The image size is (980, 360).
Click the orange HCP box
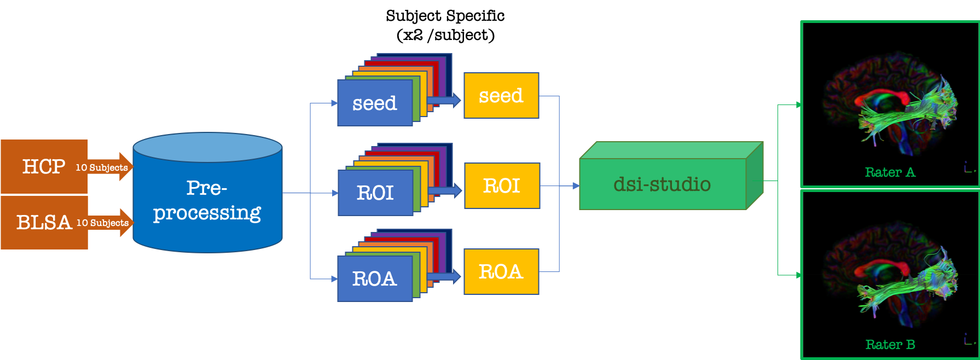coord(44,166)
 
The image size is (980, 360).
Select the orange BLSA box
coord(44,222)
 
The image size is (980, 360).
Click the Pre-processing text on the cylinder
coord(207,200)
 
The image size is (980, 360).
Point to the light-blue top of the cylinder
coord(207,147)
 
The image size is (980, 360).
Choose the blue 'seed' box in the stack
coord(375,103)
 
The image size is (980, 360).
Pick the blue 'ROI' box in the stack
coord(375,193)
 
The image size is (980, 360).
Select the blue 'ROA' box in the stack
coord(375,279)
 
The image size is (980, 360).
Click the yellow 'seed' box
coord(501,96)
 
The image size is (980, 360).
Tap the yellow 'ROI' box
coord(502,186)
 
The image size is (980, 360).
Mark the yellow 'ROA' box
coord(501,272)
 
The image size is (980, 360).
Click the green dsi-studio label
coord(662,184)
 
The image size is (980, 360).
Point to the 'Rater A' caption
coord(890,172)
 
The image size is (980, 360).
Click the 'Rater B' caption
coord(890,345)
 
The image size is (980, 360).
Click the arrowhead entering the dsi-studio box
coord(576,186)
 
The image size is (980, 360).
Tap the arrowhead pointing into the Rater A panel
coord(799,104)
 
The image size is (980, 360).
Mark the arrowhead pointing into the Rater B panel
coord(799,275)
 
